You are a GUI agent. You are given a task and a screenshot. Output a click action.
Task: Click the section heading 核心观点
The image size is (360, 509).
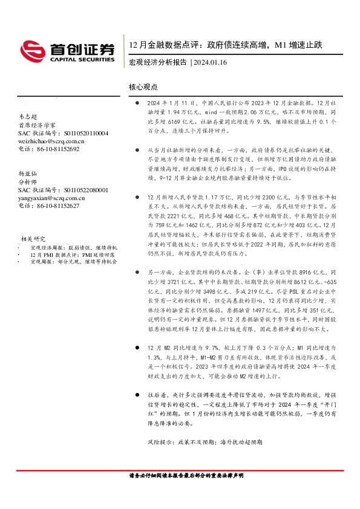click(143, 87)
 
